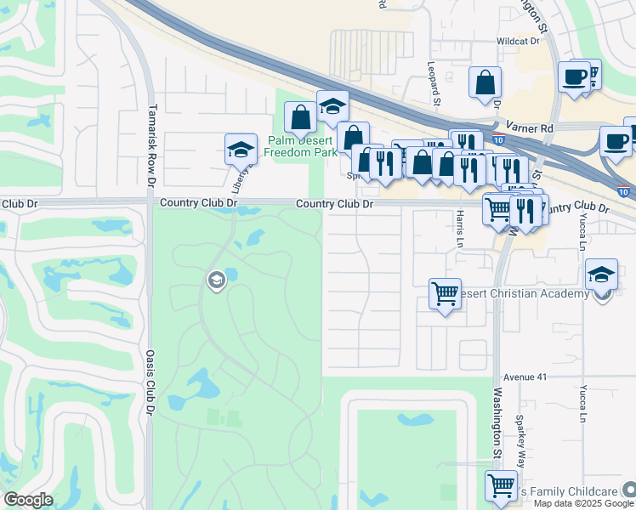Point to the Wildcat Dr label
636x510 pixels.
click(519, 41)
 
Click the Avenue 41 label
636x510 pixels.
click(522, 376)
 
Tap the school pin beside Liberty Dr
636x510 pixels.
click(241, 150)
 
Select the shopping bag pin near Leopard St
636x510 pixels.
click(485, 82)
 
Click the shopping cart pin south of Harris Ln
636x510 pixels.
click(446, 294)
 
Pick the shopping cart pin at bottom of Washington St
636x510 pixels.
click(501, 486)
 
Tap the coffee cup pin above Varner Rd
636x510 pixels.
click(574, 76)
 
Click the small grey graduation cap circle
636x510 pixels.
click(216, 280)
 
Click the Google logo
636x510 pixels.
click(28, 500)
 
